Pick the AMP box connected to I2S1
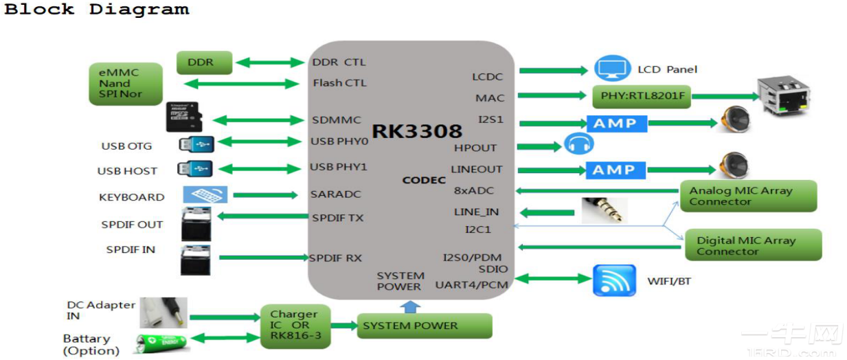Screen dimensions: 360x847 [x=616, y=124]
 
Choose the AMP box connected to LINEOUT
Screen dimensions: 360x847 [x=616, y=170]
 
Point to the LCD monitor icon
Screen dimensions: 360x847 [x=612, y=69]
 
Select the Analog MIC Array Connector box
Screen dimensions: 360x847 [x=748, y=196]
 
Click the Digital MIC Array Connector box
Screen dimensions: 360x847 [x=753, y=245]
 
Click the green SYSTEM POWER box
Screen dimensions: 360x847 [x=424, y=326]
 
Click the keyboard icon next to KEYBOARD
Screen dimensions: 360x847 [x=205, y=195]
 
